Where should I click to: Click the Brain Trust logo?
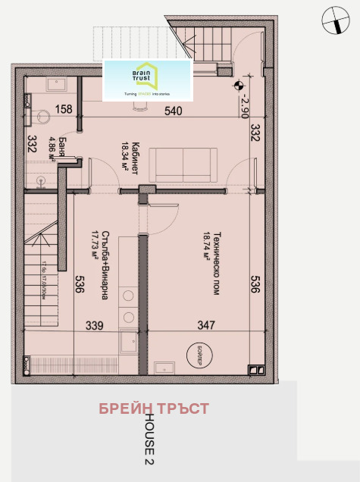pos(148,80)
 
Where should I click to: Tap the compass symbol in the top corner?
pos(332,20)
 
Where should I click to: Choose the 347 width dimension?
pos(205,325)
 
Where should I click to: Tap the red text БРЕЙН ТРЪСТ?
pos(154,409)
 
